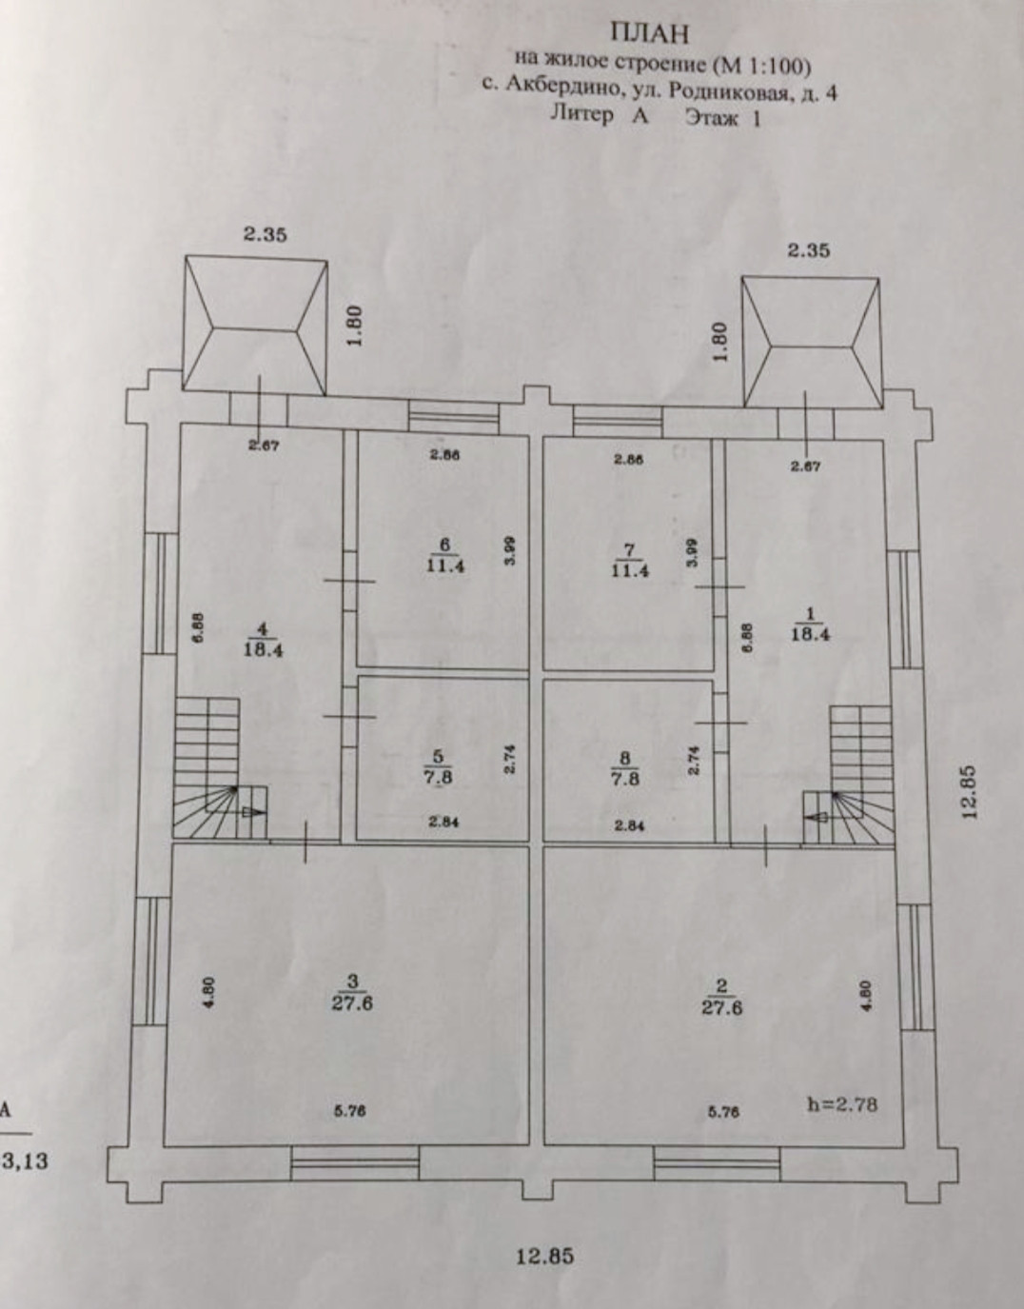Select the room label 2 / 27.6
tap(721, 999)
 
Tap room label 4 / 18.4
tap(263, 640)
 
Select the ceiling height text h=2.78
tap(841, 1105)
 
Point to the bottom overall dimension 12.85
tap(545, 1256)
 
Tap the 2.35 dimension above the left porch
tap(265, 233)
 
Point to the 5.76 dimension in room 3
tap(351, 1110)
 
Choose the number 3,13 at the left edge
tap(28, 1160)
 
